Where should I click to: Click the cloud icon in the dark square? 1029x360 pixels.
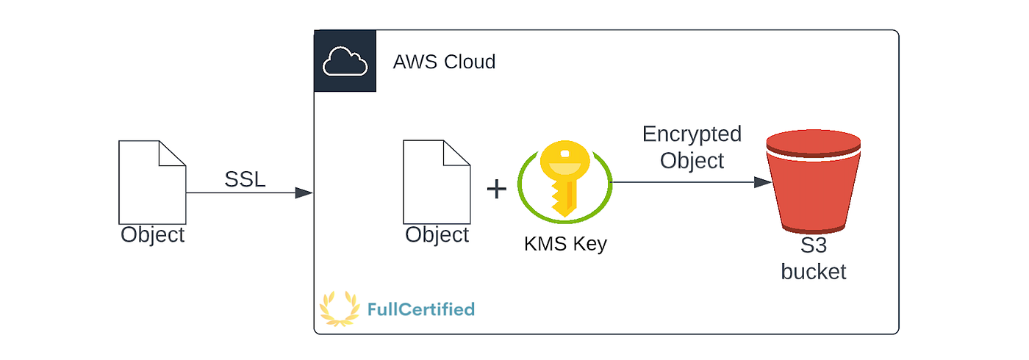(345, 62)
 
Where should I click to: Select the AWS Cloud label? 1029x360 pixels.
(444, 62)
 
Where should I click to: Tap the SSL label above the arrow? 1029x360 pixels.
(245, 179)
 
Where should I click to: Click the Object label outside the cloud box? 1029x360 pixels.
(153, 235)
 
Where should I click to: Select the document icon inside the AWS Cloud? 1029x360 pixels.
(437, 181)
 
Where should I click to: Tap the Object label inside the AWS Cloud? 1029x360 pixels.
(437, 235)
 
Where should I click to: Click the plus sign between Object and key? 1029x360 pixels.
(497, 189)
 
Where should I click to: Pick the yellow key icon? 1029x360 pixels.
(564, 179)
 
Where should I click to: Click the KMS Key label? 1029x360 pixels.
(565, 244)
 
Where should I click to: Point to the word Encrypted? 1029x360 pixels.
(692, 134)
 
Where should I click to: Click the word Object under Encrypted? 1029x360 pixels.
(692, 160)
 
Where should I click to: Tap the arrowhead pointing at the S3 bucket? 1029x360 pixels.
(762, 181)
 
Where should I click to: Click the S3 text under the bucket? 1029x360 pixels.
(814, 247)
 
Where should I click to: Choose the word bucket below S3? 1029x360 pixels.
(814, 272)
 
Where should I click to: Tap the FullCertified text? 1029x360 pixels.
(420, 309)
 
